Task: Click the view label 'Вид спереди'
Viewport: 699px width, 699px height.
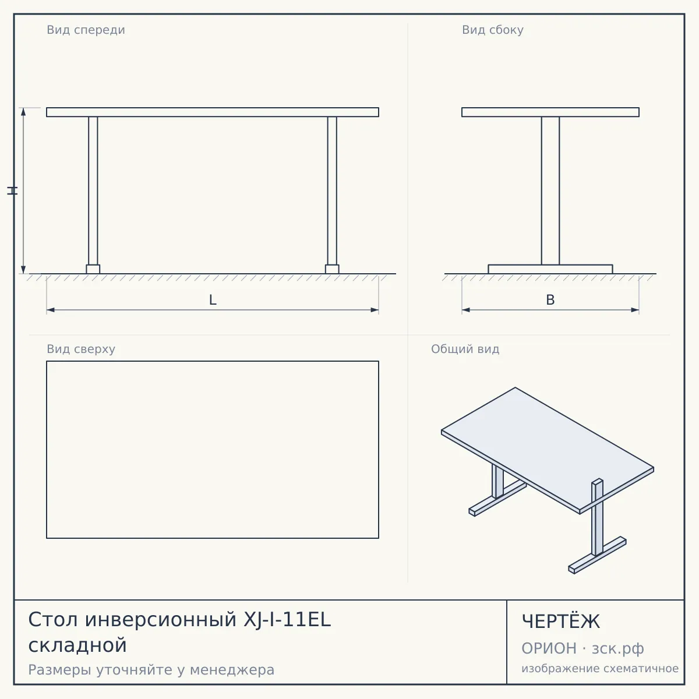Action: click(86, 30)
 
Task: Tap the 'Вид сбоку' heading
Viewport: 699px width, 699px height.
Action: click(493, 30)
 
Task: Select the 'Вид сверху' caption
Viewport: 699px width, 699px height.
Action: click(81, 349)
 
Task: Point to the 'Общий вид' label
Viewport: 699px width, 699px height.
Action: click(465, 349)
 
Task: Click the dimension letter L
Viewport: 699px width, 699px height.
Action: click(213, 300)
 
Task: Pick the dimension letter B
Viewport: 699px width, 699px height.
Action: click(550, 300)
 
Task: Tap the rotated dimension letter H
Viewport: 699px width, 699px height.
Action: click(12, 191)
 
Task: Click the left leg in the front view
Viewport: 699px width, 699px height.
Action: click(93, 191)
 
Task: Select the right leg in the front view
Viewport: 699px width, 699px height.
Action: click(332, 191)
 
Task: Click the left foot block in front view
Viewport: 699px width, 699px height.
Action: click(93, 269)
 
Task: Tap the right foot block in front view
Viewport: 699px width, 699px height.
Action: click(332, 269)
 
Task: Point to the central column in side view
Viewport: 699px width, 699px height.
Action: click(550, 191)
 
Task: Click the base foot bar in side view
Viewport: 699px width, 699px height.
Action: click(550, 269)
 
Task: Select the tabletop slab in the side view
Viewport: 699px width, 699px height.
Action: click(550, 112)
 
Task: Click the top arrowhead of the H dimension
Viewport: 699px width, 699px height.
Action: click(23, 112)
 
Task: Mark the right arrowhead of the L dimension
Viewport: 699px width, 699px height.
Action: click(375, 310)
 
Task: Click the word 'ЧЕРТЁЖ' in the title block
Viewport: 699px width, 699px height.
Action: click(561, 622)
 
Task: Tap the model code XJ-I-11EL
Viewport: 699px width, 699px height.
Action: click(287, 620)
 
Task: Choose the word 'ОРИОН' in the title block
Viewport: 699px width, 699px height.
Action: click(549, 648)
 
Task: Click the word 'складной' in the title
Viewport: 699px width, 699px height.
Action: click(77, 645)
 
